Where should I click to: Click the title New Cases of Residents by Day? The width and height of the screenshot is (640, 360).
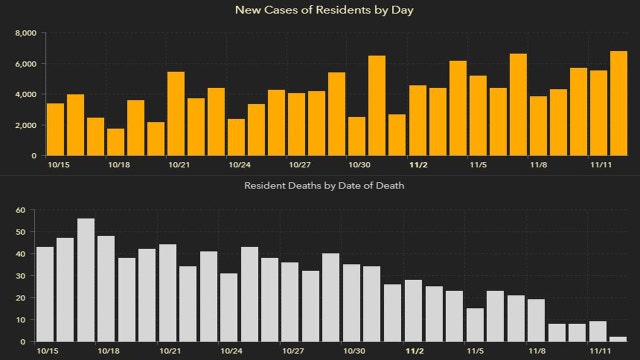pos(319,10)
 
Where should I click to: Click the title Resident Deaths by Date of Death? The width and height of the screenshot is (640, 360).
pos(319,186)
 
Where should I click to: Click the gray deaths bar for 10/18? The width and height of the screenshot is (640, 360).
pos(106,289)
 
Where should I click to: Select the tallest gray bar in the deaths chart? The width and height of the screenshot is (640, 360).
pos(86,280)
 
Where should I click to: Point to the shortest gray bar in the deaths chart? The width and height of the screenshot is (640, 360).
pos(619,340)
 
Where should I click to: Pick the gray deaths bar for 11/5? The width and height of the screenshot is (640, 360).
pos(475,325)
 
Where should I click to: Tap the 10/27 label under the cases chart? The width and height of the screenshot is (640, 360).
pos(297,165)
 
